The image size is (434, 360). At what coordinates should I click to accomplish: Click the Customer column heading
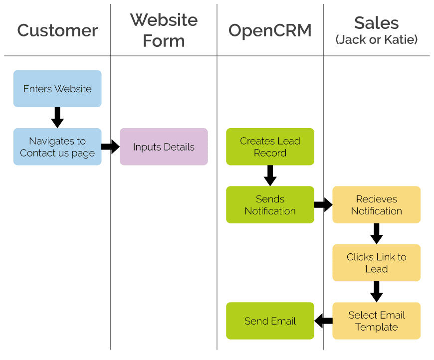(x=57, y=30)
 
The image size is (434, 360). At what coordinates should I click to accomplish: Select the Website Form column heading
(x=164, y=30)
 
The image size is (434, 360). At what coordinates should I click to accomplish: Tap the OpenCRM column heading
(x=270, y=30)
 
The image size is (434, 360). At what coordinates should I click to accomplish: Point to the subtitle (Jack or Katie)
(x=377, y=40)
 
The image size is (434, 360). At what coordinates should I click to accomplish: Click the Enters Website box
(x=57, y=89)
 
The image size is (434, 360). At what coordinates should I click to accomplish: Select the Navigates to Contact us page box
(x=57, y=147)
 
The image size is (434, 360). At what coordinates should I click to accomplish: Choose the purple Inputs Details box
(x=164, y=147)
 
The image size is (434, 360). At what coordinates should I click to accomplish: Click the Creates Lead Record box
(x=270, y=147)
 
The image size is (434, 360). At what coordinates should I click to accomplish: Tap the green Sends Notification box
(x=270, y=205)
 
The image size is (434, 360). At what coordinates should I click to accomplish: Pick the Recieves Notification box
(x=377, y=205)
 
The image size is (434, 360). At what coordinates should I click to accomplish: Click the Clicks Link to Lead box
(x=377, y=263)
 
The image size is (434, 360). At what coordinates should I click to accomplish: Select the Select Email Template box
(x=377, y=321)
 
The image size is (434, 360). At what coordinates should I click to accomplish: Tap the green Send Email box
(x=270, y=321)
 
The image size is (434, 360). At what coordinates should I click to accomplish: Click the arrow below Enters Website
(x=57, y=118)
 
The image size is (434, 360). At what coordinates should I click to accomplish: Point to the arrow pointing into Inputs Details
(x=110, y=147)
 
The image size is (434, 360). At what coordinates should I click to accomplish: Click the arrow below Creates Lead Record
(x=270, y=176)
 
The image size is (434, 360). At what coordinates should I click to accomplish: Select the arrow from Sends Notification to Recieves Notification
(x=323, y=204)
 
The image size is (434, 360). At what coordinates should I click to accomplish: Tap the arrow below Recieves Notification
(x=377, y=233)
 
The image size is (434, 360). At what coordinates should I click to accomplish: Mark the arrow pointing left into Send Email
(x=324, y=321)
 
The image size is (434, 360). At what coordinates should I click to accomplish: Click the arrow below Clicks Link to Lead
(x=377, y=292)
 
